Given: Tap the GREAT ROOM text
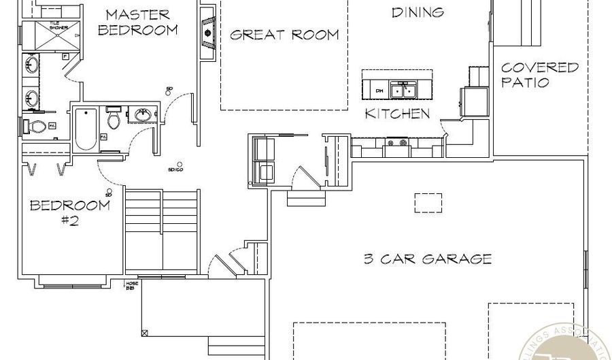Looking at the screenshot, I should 284,35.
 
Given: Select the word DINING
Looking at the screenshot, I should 418,12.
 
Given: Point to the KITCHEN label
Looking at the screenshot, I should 398,114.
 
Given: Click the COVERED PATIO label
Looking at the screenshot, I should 540,75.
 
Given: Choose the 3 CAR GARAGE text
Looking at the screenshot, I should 427,259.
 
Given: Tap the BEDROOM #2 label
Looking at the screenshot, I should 69,212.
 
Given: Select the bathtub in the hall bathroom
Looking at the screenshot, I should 86,129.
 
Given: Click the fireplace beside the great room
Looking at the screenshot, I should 207,31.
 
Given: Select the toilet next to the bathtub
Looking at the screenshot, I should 114,120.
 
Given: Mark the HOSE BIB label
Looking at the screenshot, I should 129,287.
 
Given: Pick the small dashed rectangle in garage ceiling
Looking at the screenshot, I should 428,203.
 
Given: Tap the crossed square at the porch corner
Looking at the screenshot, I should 144,333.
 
